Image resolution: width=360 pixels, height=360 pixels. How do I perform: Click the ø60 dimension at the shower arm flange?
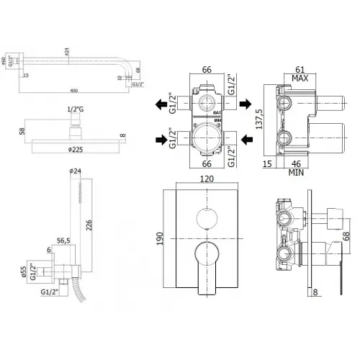4,61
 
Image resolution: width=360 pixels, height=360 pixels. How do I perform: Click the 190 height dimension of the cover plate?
162,238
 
